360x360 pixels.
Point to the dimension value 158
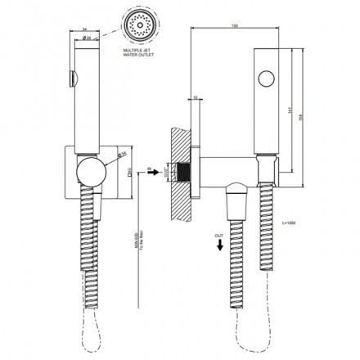307,110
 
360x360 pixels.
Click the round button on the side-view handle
265,79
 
